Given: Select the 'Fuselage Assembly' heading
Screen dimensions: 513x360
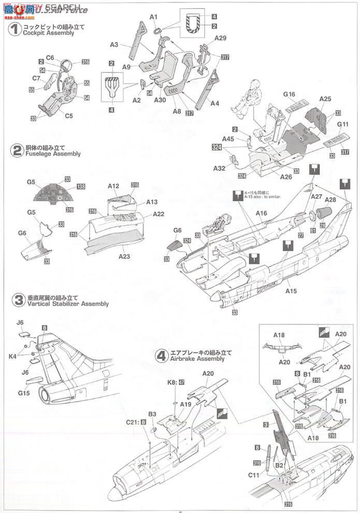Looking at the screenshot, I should tap(53, 154).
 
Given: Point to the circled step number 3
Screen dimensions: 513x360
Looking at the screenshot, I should tap(17, 301).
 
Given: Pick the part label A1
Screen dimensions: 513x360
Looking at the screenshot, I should tap(153, 17).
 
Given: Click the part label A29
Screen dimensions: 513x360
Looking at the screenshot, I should tap(221, 38).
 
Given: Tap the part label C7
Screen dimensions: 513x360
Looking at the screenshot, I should tap(36, 78).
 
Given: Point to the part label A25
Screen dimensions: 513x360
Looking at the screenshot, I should tap(325, 98).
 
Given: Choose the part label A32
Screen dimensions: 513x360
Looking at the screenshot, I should tap(219, 168).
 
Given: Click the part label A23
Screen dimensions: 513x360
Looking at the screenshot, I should tap(126, 256).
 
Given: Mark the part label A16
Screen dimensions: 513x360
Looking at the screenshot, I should tap(262, 213).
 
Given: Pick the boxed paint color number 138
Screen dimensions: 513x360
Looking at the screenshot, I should tap(81, 186).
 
